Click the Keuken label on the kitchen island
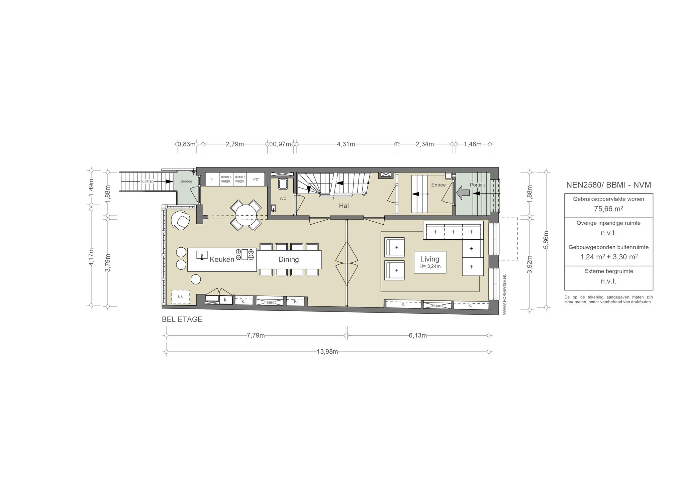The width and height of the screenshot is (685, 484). point(222,259)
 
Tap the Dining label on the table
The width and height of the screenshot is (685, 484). point(289,259)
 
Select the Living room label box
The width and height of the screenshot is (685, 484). point(430,262)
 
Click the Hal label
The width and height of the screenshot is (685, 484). point(344,206)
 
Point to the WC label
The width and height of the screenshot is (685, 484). point(283,198)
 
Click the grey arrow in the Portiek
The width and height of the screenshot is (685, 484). point(463,193)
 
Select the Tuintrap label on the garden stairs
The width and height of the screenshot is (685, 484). point(147,181)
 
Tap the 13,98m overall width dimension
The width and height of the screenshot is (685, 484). point(327,352)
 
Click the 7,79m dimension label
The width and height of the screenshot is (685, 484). point(256,336)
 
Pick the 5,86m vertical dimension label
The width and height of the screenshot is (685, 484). point(546,240)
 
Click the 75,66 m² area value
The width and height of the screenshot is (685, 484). point(608,209)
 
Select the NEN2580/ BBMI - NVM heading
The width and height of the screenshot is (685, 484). point(608,185)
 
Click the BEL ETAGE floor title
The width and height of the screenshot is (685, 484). point(182,319)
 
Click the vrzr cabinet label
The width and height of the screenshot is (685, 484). point(256,179)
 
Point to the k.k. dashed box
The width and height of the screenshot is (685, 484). point(181,297)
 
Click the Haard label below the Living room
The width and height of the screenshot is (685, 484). point(437,306)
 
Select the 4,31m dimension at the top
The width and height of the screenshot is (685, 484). point(346,144)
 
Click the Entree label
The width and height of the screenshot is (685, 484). point(438,185)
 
